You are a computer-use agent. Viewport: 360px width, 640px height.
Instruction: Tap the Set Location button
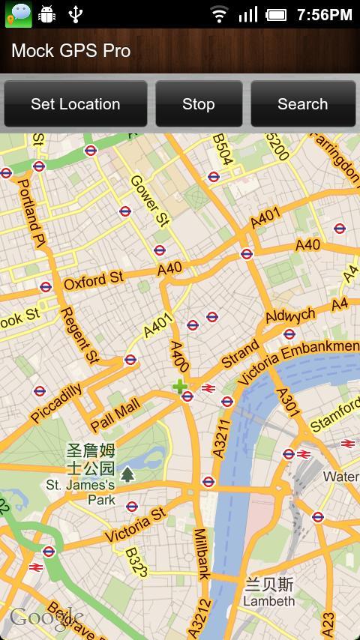coord(75,104)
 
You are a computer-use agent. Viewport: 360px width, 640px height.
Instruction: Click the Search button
coord(302,104)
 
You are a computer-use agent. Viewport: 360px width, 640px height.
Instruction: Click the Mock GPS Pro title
coord(71,51)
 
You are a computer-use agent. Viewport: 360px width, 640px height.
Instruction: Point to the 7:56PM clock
coord(324,14)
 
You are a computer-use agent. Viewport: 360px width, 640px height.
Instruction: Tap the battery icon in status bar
coord(277,14)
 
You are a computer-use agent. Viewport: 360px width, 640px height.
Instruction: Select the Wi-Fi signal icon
coord(219,14)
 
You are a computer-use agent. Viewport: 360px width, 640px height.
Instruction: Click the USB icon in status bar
coord(75,14)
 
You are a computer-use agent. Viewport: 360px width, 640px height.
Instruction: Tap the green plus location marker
coord(179,386)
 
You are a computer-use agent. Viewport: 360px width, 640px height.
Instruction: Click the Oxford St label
coord(93,280)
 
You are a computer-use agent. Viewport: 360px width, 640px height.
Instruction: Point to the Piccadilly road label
coord(56,402)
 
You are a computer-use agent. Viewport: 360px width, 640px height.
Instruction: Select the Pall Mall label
coord(115,414)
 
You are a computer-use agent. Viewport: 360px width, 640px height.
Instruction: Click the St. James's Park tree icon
coord(128,474)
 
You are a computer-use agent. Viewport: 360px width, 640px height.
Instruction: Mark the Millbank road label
coord(201,554)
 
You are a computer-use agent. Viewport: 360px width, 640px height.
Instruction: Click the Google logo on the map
coord(45,618)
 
